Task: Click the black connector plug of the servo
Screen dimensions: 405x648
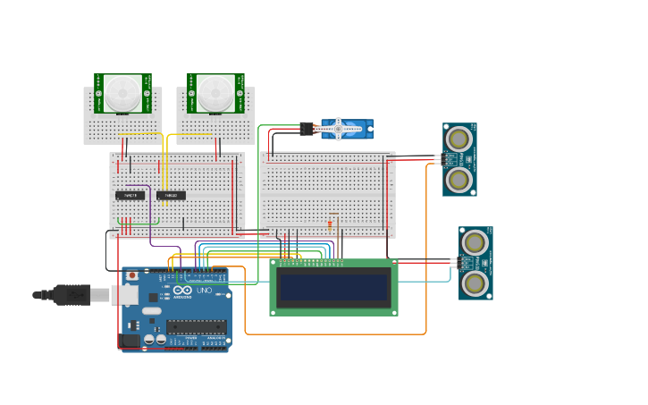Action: click(x=307, y=129)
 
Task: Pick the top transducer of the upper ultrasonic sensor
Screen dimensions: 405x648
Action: click(x=459, y=139)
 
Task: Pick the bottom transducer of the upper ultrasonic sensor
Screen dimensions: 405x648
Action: click(x=459, y=180)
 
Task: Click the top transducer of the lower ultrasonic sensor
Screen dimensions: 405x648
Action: click(x=475, y=242)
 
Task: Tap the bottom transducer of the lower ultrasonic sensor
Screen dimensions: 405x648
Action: click(x=475, y=283)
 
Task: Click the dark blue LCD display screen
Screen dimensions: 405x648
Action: click(x=333, y=287)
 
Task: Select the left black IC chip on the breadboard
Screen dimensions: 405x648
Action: click(x=130, y=195)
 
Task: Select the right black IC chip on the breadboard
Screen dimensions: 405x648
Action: click(x=171, y=195)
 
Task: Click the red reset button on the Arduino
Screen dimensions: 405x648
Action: click(x=131, y=275)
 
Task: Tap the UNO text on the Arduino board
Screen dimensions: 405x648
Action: click(x=203, y=291)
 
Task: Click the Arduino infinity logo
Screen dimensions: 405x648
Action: click(x=182, y=291)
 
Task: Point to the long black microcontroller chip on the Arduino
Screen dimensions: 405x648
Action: click(x=196, y=327)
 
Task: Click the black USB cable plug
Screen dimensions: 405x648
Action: click(x=72, y=294)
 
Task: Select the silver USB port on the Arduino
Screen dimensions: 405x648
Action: click(x=124, y=295)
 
